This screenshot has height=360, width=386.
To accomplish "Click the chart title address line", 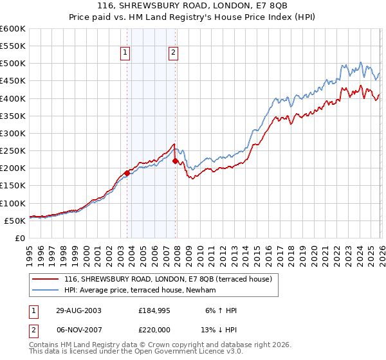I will [193, 5].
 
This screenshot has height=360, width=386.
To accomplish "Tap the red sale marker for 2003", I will [127, 173].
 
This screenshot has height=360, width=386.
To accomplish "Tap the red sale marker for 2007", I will [175, 161].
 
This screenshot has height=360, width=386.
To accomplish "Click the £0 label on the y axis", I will [19, 238].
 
